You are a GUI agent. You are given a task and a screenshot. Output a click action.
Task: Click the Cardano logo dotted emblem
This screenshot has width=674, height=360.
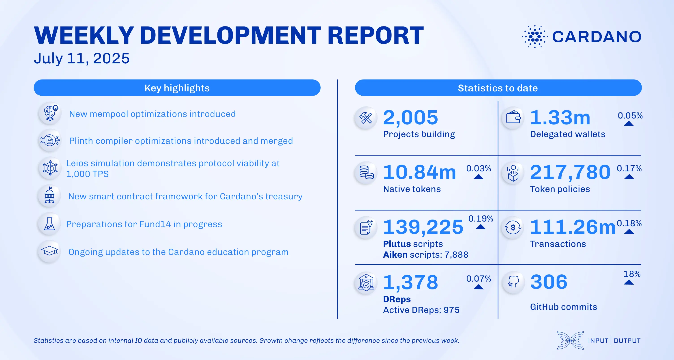(534, 37)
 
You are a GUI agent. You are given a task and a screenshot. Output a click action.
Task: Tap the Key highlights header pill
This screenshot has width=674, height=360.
(177, 88)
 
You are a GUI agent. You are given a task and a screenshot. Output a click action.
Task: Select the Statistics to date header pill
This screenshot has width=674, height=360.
(498, 88)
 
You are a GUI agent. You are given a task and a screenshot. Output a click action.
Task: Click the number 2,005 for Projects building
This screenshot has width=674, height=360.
(410, 118)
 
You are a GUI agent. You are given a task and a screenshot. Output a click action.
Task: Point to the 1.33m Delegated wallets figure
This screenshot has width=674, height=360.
(560, 118)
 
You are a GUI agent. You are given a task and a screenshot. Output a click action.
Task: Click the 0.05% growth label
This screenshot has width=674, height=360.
(630, 115)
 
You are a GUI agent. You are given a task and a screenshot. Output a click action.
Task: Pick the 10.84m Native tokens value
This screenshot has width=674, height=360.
(419, 172)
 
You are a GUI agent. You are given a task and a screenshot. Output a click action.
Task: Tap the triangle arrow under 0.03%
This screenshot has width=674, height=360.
(478, 177)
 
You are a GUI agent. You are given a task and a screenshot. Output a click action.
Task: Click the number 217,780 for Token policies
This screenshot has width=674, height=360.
(570, 172)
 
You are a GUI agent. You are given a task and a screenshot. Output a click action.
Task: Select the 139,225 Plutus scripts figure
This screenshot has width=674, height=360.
(423, 227)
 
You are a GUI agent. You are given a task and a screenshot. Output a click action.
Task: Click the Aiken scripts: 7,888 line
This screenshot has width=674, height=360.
(425, 254)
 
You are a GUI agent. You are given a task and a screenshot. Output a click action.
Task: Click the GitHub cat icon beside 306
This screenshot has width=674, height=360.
(513, 282)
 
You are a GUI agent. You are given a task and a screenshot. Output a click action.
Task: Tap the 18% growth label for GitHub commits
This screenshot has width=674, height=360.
(632, 274)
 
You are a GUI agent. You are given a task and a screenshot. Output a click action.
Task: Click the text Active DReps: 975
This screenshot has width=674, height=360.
(421, 310)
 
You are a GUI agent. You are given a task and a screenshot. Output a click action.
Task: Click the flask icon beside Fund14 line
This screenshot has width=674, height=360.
(49, 224)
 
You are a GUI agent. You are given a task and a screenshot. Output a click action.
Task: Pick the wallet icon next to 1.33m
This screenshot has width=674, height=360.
(513, 117)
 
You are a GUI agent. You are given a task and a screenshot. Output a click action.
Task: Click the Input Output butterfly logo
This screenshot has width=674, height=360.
(570, 340)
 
